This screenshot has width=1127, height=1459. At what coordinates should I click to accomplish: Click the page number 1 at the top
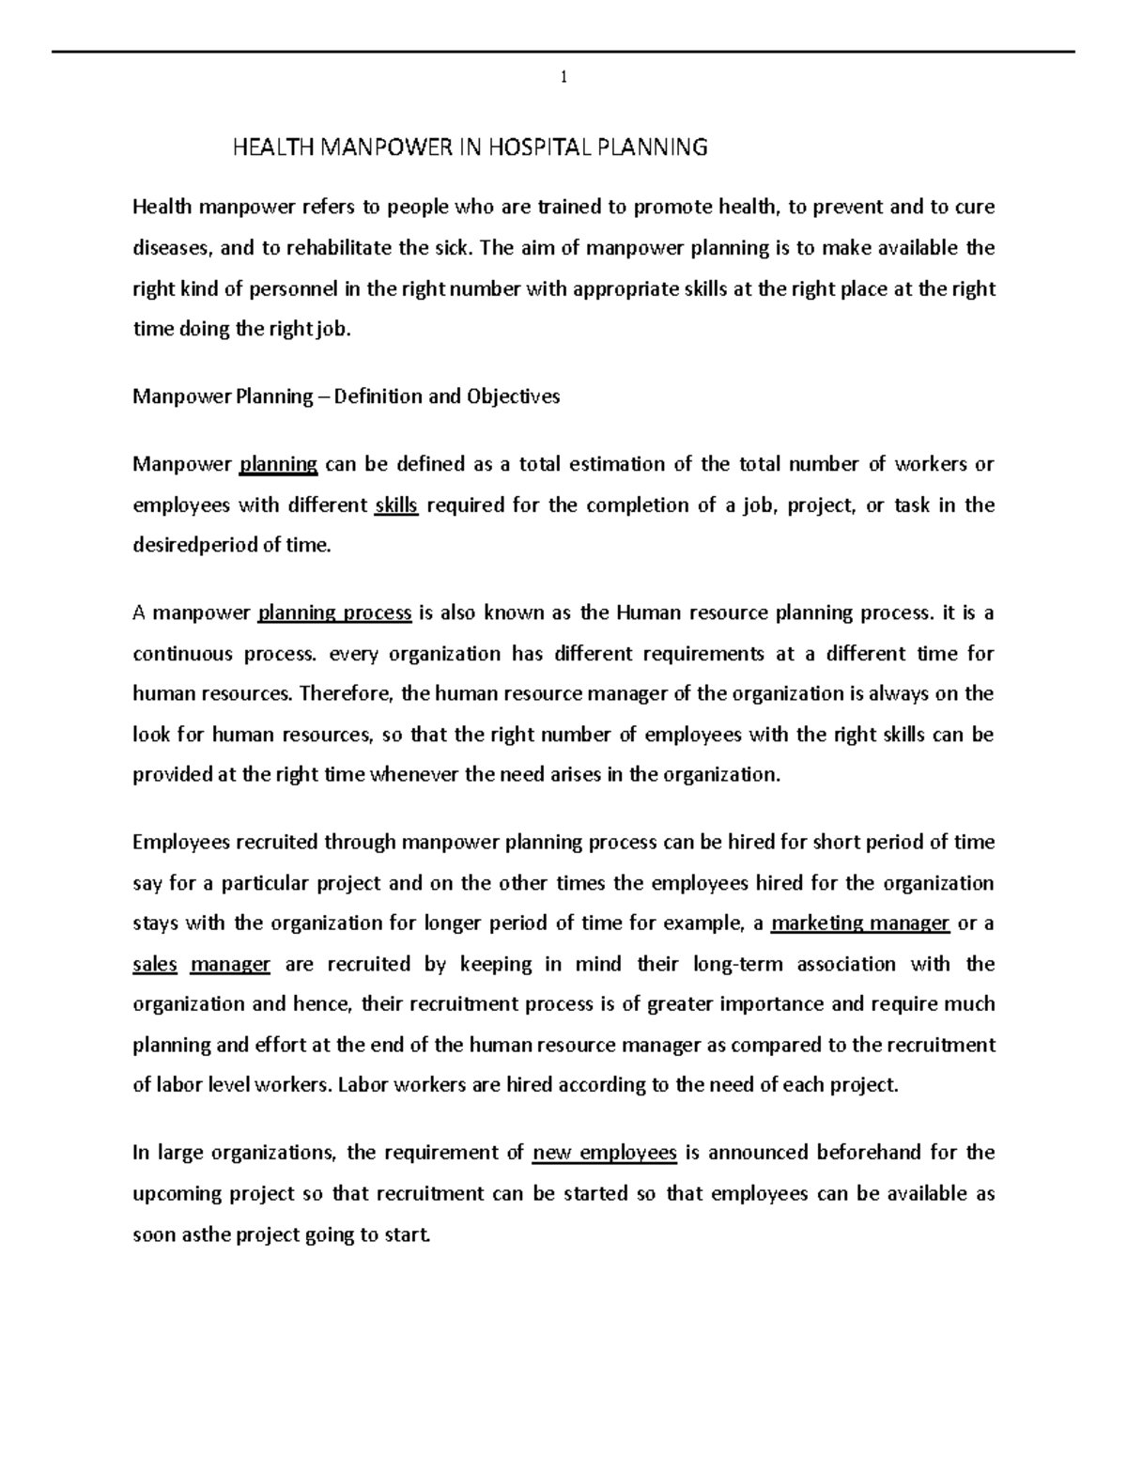point(563,78)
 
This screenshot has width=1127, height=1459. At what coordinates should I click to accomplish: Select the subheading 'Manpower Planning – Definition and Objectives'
point(346,396)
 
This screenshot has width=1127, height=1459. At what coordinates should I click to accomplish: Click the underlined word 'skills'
point(395,505)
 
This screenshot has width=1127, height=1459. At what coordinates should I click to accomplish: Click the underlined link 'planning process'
point(334,613)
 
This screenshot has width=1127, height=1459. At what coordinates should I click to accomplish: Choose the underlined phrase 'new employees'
point(604,1153)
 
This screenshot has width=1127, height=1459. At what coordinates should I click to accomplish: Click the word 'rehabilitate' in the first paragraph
point(326,248)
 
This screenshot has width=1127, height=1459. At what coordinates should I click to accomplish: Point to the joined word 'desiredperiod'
point(193,546)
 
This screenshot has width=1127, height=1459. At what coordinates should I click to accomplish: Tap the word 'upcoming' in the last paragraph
point(174,1194)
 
